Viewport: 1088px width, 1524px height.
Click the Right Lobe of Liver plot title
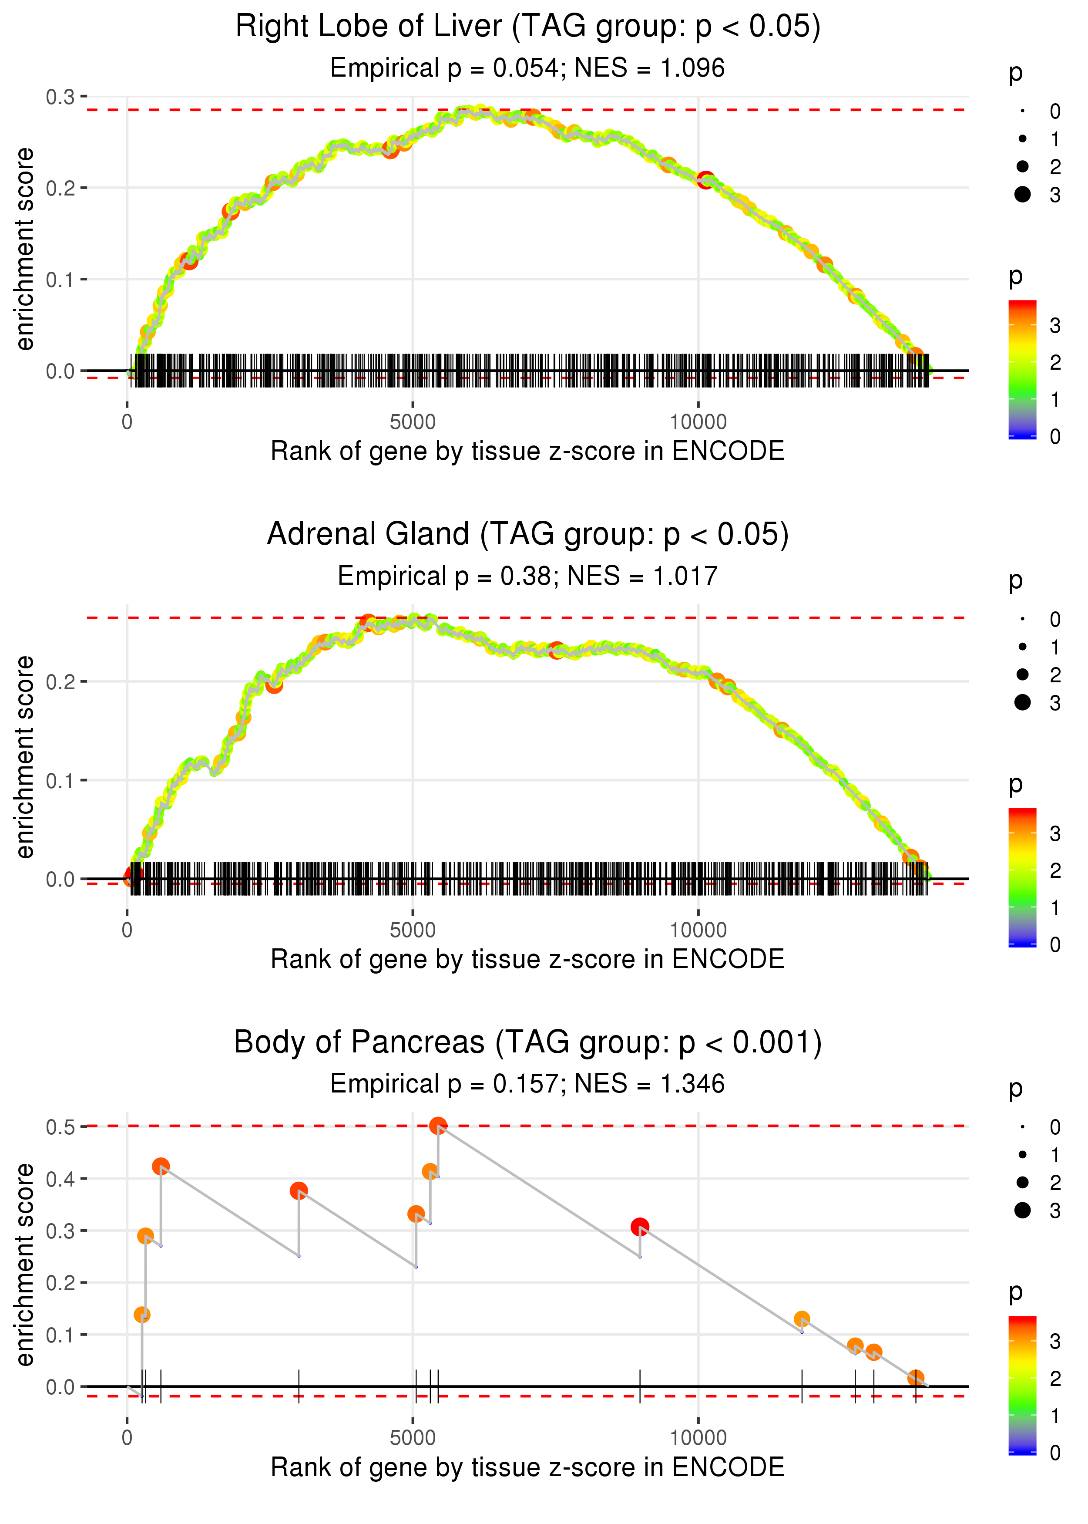pos(527,27)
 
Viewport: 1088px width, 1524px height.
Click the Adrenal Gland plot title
pos(527,535)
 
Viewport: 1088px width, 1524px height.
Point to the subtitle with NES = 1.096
pos(527,68)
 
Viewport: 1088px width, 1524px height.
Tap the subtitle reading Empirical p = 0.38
pos(527,577)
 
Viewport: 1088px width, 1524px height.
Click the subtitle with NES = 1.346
pos(527,1084)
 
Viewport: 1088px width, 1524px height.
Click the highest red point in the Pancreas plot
pos(438,1126)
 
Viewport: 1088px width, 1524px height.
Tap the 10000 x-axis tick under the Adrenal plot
pos(698,930)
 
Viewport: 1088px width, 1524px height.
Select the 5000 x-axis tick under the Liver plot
pos(413,422)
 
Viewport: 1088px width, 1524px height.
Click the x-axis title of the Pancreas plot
pos(527,1468)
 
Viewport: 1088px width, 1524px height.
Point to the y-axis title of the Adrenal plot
pos(25,757)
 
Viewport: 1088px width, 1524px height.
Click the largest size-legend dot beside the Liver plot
pos(1022,194)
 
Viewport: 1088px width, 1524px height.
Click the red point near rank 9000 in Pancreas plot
pos(640,1227)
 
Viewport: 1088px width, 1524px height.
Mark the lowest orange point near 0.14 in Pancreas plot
pos(142,1315)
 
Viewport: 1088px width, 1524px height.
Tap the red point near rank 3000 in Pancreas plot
pos(299,1191)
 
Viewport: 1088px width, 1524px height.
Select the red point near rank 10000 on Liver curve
pos(705,179)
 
